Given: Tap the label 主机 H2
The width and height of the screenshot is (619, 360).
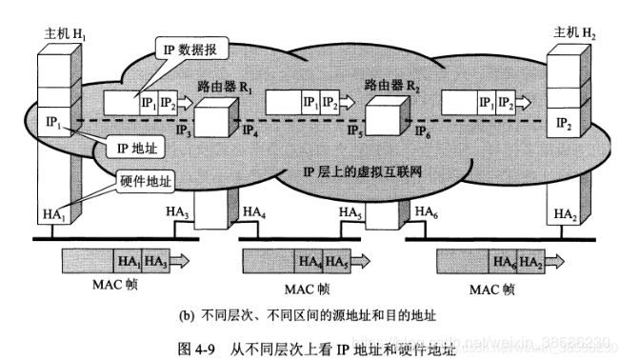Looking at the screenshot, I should tap(573, 33).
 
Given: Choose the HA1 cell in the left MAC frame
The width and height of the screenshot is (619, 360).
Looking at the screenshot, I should tap(127, 260).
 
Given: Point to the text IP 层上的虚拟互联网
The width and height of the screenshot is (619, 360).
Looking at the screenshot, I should tap(363, 172).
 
